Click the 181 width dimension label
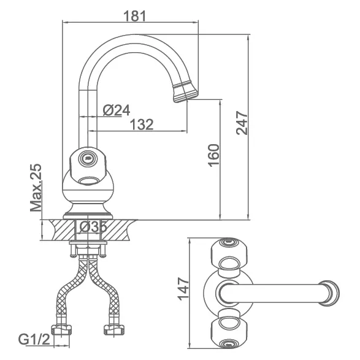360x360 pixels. [134, 16]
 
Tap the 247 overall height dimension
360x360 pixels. [242, 123]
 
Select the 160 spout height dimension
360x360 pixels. [213, 155]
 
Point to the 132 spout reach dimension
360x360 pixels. [142, 124]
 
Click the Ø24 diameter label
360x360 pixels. [117, 110]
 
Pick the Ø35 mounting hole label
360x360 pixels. [93, 227]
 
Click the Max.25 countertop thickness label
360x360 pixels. [36, 188]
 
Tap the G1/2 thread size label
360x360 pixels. [34, 339]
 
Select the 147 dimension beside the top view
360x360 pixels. [183, 289]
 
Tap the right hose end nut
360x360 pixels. [114, 329]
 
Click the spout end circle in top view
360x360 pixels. [329, 293]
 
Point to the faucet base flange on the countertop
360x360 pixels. [88, 216]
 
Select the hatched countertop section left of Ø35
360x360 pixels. [63, 230]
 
